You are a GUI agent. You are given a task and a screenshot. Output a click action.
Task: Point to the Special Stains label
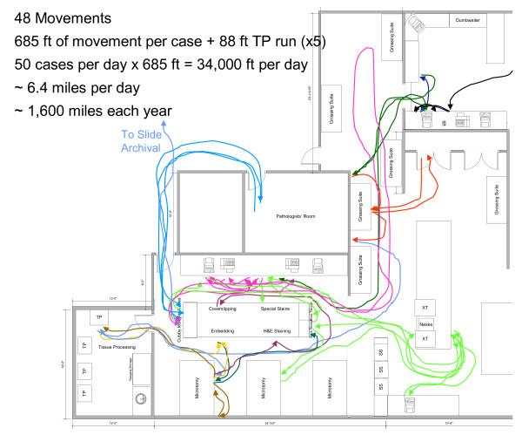(275, 309)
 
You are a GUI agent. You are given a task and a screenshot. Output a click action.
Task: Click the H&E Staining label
(280, 332)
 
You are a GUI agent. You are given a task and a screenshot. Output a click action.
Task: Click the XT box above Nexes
(425, 309)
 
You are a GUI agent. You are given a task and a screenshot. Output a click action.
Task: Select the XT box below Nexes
(425, 337)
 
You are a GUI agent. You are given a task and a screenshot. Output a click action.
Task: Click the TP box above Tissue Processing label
(99, 317)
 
